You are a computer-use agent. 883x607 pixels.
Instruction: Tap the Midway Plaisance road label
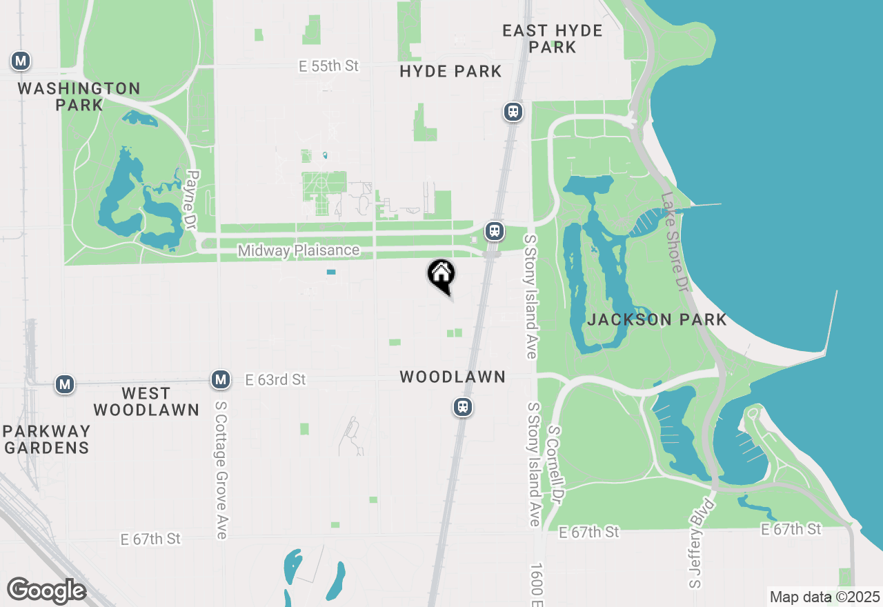(298, 250)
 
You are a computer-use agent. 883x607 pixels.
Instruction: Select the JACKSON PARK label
(657, 319)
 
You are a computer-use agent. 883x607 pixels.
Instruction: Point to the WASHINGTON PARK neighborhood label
(79, 97)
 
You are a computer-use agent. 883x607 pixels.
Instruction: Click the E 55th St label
(329, 66)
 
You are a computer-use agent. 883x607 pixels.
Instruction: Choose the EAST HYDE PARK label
(552, 39)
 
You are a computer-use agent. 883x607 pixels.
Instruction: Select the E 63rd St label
(275, 380)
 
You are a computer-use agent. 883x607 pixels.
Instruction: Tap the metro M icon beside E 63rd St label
(221, 379)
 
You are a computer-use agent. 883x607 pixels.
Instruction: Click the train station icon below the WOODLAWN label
(463, 407)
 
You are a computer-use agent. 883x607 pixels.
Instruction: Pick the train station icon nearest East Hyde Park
(513, 112)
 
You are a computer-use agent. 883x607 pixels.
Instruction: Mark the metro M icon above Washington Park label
(21, 61)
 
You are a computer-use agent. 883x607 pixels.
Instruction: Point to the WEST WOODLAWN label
(146, 401)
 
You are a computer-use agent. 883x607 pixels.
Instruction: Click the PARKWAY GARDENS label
(46, 439)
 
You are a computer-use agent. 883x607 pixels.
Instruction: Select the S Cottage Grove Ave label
(221, 470)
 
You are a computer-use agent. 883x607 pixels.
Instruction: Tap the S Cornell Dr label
(556, 468)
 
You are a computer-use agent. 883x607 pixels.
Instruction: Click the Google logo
(46, 591)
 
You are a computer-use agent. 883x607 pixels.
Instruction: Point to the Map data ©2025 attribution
(824, 597)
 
